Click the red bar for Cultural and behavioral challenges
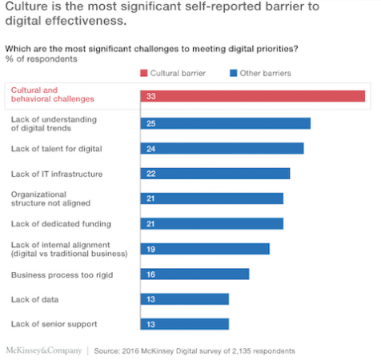click(253, 96)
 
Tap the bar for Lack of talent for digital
click(223, 148)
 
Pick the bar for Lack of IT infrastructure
click(215, 174)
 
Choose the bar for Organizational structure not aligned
click(212, 198)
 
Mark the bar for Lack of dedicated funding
click(212, 223)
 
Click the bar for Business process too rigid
click(195, 274)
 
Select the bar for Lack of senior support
click(185, 324)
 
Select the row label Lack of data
click(34, 298)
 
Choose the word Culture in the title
click(28, 8)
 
